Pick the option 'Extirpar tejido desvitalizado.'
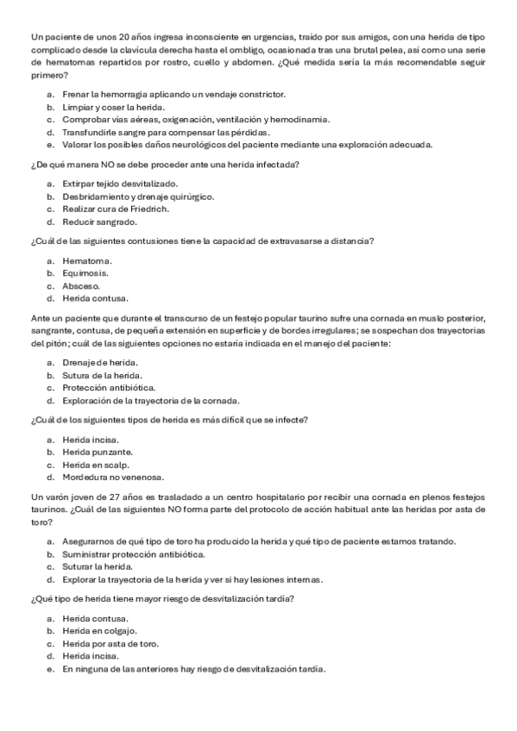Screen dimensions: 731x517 click(x=120, y=184)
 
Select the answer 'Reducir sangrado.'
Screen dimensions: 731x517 click(x=97, y=222)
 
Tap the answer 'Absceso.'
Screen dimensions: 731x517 click(x=81, y=285)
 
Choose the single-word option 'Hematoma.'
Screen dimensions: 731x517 click(x=87, y=260)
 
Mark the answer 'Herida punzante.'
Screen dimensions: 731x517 click(x=98, y=452)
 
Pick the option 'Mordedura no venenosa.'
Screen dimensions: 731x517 click(x=112, y=477)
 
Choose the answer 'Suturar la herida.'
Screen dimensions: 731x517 click(x=98, y=566)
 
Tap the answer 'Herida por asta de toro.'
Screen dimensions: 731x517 click(x=110, y=643)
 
